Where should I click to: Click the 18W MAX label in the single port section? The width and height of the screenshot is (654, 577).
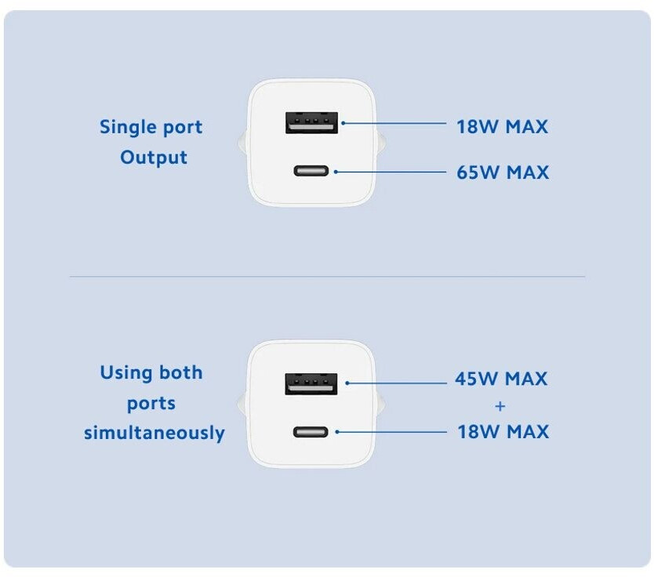pyautogui.click(x=502, y=126)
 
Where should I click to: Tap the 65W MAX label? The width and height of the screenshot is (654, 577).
pyautogui.click(x=503, y=172)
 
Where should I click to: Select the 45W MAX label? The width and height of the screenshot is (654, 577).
pyautogui.click(x=501, y=379)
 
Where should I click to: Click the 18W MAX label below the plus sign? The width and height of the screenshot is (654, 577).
pyautogui.click(x=503, y=432)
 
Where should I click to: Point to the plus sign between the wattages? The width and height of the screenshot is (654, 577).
pyautogui.click(x=501, y=406)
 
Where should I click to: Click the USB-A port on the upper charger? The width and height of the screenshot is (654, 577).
pyautogui.click(x=311, y=123)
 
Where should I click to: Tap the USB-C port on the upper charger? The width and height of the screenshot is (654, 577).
pyautogui.click(x=312, y=171)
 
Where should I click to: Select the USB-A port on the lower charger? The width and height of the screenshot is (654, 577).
pyautogui.click(x=311, y=383)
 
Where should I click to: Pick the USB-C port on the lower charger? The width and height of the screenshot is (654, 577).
pyautogui.click(x=312, y=431)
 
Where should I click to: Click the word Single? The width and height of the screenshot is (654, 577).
pyautogui.click(x=128, y=127)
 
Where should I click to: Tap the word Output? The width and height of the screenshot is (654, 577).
pyautogui.click(x=154, y=158)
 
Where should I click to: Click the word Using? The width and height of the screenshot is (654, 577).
pyautogui.click(x=129, y=373)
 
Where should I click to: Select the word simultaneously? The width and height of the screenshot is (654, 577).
pyautogui.click(x=154, y=433)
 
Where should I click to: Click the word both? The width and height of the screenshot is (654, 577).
pyautogui.click(x=182, y=372)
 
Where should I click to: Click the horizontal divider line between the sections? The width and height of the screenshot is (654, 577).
pyautogui.click(x=327, y=276)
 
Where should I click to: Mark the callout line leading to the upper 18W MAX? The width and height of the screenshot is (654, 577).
pyautogui.click(x=393, y=123)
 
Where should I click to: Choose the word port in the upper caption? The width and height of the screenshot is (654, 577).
pyautogui.click(x=182, y=128)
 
